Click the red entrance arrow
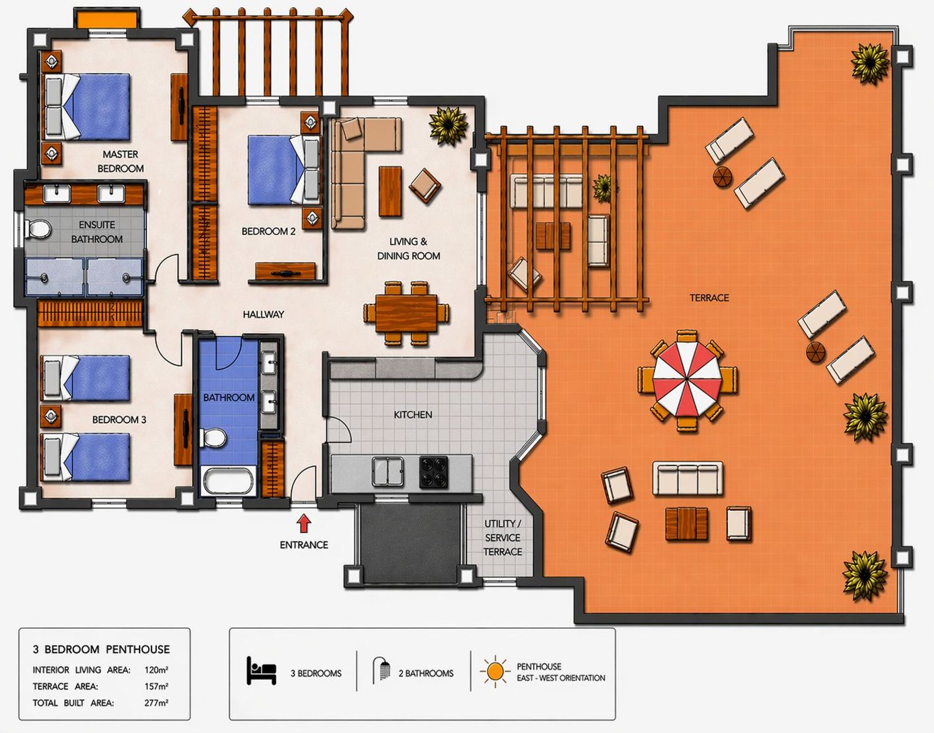[x=304, y=524]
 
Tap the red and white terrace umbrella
[x=687, y=379]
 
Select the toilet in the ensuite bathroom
[x=37, y=228]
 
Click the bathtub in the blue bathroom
[x=228, y=481]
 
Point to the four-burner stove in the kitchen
[x=434, y=472]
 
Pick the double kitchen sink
[x=388, y=472]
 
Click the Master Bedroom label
[x=120, y=161]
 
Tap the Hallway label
[x=263, y=314]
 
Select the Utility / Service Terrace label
[x=502, y=538]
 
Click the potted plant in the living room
[x=448, y=126]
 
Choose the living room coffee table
[x=390, y=192]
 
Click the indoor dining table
[x=406, y=313]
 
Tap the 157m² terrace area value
[x=156, y=686]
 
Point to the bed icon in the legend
[x=261, y=670]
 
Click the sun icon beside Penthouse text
[x=495, y=671]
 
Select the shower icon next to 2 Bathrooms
[x=381, y=670]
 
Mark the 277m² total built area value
[x=156, y=703]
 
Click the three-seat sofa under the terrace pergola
[x=546, y=192]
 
